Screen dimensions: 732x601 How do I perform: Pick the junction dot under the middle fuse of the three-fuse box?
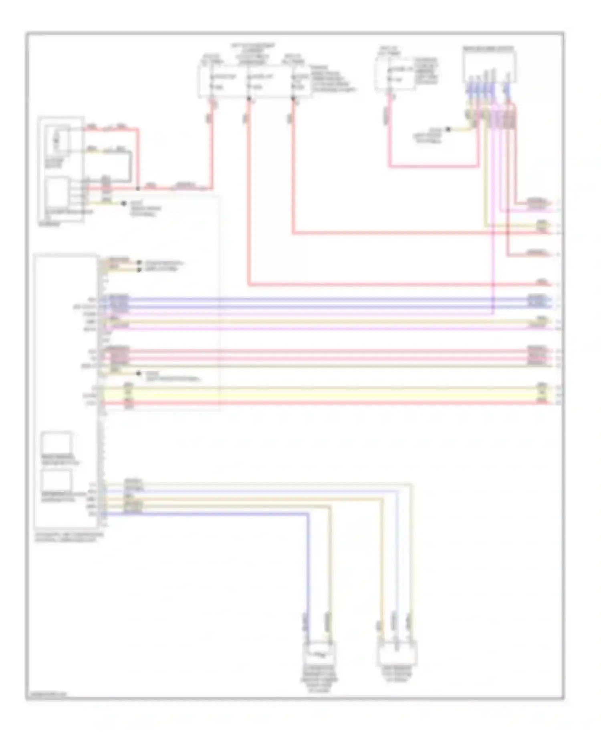click(249, 98)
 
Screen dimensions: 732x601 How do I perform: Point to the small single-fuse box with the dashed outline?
click(395, 74)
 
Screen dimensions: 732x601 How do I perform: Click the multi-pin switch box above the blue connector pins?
click(489, 64)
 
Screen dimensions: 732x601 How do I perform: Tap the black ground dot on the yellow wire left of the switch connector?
click(448, 129)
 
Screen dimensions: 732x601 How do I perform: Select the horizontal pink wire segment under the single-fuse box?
click(433, 166)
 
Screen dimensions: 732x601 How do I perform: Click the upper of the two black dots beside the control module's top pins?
click(139, 263)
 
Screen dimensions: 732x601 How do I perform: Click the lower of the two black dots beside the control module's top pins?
click(139, 269)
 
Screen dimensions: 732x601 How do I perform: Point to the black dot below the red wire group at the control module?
click(138, 373)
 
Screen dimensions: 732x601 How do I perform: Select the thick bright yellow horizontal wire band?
click(321, 395)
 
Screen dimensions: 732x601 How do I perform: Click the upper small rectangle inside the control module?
click(57, 443)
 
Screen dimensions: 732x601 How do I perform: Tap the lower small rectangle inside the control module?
click(57, 480)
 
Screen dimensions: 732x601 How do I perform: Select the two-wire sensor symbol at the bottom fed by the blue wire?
click(319, 653)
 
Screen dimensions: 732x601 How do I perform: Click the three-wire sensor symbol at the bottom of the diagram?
click(397, 653)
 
